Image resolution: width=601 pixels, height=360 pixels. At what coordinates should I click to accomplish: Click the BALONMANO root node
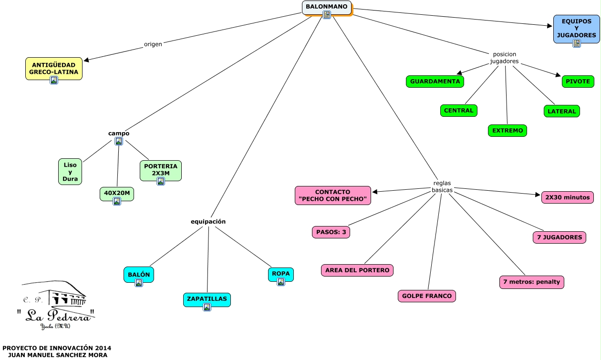tap(327, 7)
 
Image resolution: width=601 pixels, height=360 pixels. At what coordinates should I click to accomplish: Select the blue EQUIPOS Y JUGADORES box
tap(576, 29)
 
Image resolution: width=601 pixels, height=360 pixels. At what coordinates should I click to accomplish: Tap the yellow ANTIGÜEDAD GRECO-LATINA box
tap(53, 68)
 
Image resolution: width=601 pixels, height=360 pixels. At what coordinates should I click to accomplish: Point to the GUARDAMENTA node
tap(435, 82)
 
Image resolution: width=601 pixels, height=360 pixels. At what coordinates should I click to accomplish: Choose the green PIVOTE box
tap(578, 82)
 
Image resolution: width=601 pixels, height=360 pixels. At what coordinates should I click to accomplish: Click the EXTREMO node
tap(508, 130)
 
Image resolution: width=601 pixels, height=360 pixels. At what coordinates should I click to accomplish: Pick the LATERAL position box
tap(561, 111)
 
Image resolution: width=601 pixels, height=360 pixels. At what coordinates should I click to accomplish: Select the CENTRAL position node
tap(458, 110)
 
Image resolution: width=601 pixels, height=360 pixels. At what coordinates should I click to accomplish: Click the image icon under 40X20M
tap(116, 201)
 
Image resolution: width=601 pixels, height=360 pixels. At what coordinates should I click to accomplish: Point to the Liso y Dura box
tap(70, 172)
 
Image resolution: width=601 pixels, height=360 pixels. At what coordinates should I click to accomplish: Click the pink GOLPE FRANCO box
tap(426, 296)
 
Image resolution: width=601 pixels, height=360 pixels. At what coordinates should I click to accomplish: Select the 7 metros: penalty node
tap(531, 282)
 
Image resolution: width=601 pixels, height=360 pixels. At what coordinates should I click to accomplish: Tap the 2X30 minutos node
tap(567, 197)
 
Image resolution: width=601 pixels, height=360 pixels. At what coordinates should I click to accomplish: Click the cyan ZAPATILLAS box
tap(207, 299)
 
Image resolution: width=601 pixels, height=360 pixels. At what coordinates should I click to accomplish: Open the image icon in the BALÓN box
tap(138, 283)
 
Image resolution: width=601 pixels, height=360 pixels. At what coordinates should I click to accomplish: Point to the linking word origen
tap(153, 44)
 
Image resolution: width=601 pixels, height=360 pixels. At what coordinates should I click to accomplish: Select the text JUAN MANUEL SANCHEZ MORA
tap(56, 355)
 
